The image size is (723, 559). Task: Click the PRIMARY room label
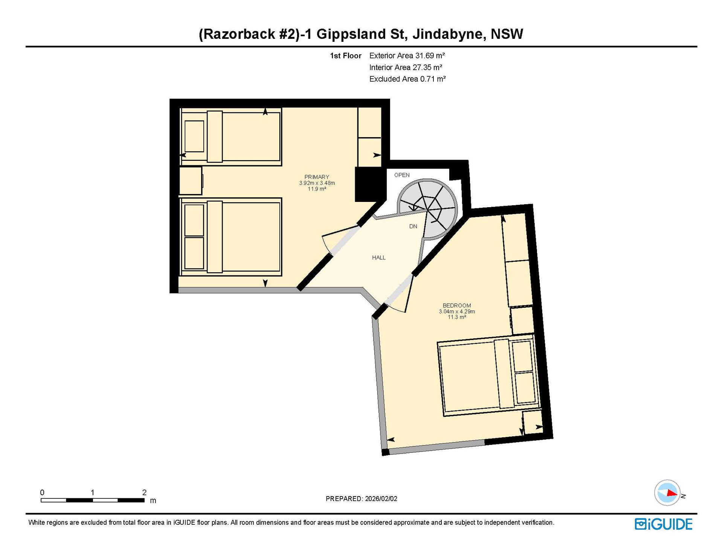pyautogui.click(x=317, y=177)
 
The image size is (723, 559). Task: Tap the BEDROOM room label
pyautogui.click(x=457, y=305)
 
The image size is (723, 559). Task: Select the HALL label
pyautogui.click(x=379, y=258)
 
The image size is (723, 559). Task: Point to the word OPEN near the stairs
pyautogui.click(x=402, y=175)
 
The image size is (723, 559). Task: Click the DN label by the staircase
pyautogui.click(x=413, y=226)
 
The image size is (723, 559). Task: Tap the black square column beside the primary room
pyautogui.click(x=371, y=185)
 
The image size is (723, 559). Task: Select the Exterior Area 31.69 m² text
pyautogui.click(x=407, y=56)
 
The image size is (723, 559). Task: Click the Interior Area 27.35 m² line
pyautogui.click(x=406, y=67)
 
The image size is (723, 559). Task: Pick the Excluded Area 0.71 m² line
pyautogui.click(x=407, y=79)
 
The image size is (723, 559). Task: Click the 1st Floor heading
pyautogui.click(x=346, y=56)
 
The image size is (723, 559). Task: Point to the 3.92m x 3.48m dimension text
pyautogui.click(x=317, y=183)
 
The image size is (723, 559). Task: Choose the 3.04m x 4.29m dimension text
pyautogui.click(x=457, y=312)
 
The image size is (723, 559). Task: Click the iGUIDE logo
pyautogui.click(x=664, y=524)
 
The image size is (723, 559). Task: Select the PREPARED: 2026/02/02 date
pyautogui.click(x=361, y=499)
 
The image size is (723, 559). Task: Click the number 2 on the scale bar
pyautogui.click(x=144, y=492)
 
